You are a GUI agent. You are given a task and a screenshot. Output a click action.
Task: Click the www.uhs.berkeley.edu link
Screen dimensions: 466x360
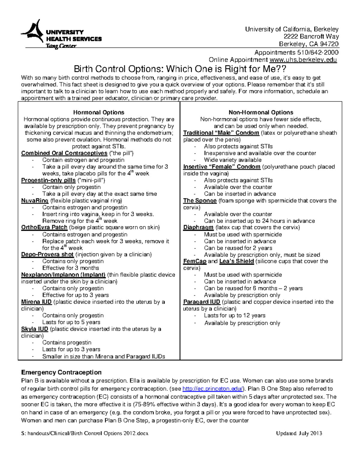[x=303, y=60]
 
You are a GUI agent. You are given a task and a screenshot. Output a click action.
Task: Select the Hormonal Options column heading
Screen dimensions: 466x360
[x=99, y=113]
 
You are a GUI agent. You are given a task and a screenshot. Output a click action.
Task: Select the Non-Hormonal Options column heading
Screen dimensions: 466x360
[x=261, y=113]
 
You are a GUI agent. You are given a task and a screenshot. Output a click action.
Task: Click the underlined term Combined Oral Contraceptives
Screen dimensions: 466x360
[x=64, y=153]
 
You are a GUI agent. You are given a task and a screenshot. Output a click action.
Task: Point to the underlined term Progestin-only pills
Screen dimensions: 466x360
[x=48, y=180]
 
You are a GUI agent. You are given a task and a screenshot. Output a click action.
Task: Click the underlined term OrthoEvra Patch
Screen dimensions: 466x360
[x=44, y=227]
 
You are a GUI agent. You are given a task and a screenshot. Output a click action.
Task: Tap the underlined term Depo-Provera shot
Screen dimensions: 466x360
[x=47, y=254]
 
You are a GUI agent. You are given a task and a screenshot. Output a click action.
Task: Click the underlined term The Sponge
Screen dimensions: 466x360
[x=200, y=201]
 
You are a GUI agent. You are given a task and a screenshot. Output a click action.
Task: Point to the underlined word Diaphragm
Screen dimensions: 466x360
[x=198, y=227]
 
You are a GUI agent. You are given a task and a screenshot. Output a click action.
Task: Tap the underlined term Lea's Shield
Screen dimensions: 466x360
[x=236, y=261]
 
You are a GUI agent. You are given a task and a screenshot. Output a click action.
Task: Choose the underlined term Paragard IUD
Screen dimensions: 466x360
[x=202, y=302]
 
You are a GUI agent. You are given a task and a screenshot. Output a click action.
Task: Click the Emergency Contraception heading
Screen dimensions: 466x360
[x=61, y=372]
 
